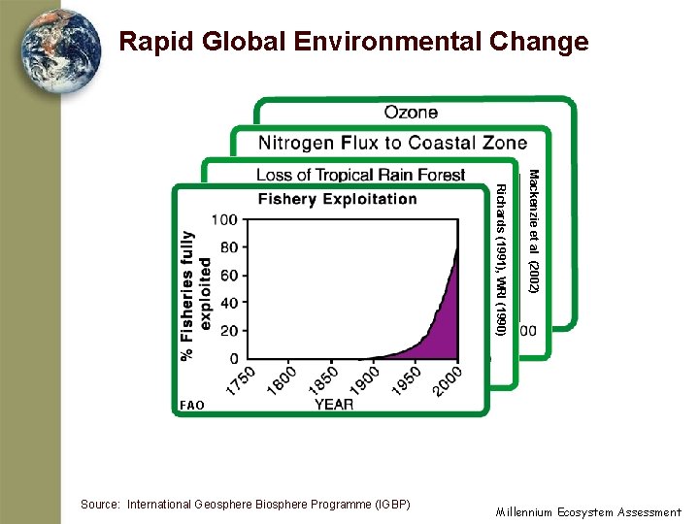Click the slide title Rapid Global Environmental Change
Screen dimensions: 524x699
click(x=353, y=42)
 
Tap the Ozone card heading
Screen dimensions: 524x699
click(x=411, y=113)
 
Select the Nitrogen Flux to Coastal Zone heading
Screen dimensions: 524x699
click(x=392, y=144)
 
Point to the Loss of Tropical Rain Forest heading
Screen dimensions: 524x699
click(x=360, y=175)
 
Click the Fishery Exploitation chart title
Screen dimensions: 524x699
click(x=337, y=200)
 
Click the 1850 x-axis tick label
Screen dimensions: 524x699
click(x=324, y=379)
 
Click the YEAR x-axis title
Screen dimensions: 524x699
click(x=334, y=405)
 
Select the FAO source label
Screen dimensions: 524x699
click(x=192, y=405)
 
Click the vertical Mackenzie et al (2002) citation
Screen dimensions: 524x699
click(x=533, y=231)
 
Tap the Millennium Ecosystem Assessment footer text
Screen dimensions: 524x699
click(x=588, y=511)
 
